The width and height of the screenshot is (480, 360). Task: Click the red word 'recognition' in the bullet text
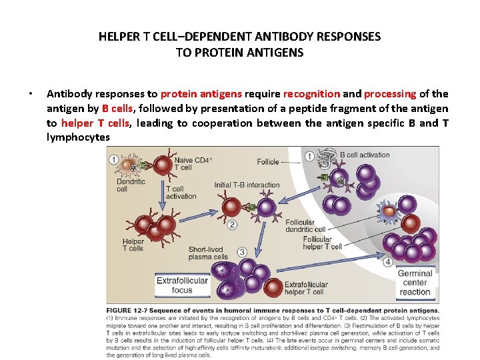(x=311, y=94)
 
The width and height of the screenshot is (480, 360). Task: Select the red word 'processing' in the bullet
(x=389, y=94)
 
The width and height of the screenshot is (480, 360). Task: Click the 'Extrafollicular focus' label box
(x=182, y=285)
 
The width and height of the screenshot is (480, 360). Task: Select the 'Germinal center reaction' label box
(x=415, y=283)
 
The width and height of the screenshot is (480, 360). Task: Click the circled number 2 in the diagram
(x=232, y=225)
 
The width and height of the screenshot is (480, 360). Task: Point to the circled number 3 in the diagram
(x=242, y=252)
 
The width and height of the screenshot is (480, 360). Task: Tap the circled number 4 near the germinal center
(x=388, y=262)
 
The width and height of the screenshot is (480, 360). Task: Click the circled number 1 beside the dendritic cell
(x=114, y=160)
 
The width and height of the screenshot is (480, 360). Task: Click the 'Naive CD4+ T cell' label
(x=193, y=163)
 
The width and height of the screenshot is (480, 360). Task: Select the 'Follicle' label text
(x=268, y=161)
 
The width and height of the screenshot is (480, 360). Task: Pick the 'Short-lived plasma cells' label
(x=208, y=253)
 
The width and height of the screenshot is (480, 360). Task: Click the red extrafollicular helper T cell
(x=273, y=287)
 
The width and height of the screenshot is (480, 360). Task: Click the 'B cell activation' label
(x=365, y=155)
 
